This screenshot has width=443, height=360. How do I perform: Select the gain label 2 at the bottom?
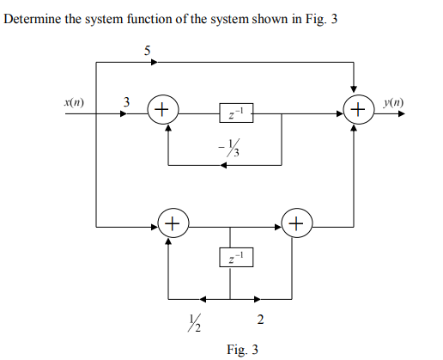pyautogui.click(x=260, y=321)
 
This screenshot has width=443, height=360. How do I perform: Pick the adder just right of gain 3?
pyautogui.click(x=162, y=110)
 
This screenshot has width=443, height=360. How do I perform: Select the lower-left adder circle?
pyautogui.click(x=171, y=226)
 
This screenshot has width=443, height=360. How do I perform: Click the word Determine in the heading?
pyautogui.click(x=32, y=19)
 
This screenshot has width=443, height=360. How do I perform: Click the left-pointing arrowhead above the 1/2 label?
pyautogui.click(x=203, y=300)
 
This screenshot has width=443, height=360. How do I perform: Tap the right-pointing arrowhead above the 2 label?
pyautogui.click(x=257, y=300)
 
